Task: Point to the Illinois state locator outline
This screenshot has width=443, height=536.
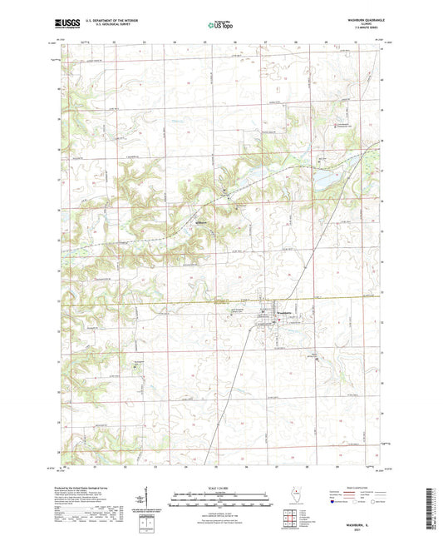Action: pyautogui.click(x=293, y=496)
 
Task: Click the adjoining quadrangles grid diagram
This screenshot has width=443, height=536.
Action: pyautogui.click(x=293, y=518)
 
